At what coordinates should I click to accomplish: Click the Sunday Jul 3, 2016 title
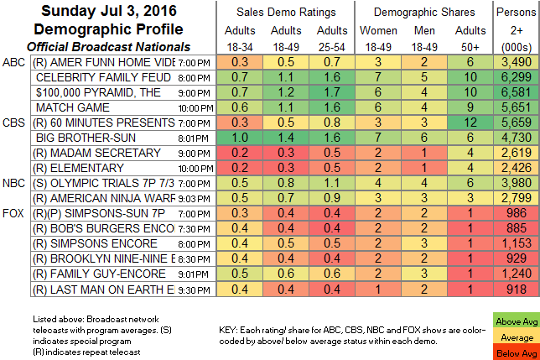(99, 13)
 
